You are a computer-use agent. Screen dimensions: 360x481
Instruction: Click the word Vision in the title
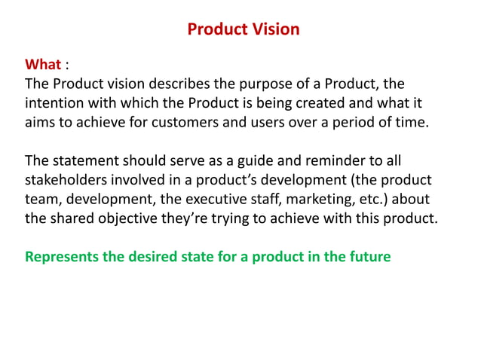click(x=274, y=29)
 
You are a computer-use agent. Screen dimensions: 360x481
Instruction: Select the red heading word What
click(x=42, y=63)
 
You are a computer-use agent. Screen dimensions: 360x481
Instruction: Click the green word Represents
click(x=63, y=257)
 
